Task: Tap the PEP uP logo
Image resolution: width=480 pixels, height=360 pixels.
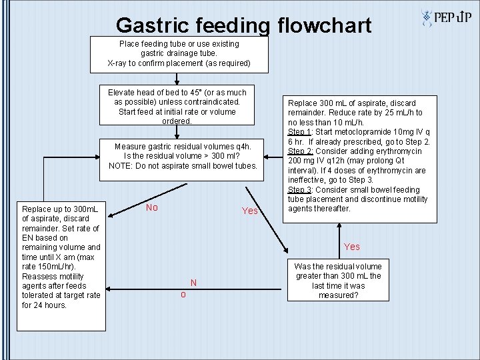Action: tap(447, 18)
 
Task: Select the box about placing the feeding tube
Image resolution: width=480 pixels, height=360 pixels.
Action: tap(179, 53)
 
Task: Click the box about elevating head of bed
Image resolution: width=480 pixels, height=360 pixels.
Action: tap(177, 106)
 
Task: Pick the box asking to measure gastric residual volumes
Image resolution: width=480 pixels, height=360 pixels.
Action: tap(182, 156)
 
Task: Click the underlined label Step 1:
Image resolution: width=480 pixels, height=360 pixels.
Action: tap(301, 132)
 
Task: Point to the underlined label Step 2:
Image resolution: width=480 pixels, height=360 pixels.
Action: tap(301, 151)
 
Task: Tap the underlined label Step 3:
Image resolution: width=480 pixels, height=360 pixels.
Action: tap(301, 190)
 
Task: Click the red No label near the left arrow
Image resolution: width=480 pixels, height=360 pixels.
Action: tap(151, 207)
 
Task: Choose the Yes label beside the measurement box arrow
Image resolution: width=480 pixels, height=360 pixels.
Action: tap(249, 211)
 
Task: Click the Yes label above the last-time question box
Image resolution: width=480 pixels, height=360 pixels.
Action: tap(352, 247)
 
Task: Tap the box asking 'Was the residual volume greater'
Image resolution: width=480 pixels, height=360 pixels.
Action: tap(338, 280)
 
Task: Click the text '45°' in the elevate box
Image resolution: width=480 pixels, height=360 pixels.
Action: tap(196, 92)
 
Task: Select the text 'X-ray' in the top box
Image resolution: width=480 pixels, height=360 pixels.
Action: tap(119, 63)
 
